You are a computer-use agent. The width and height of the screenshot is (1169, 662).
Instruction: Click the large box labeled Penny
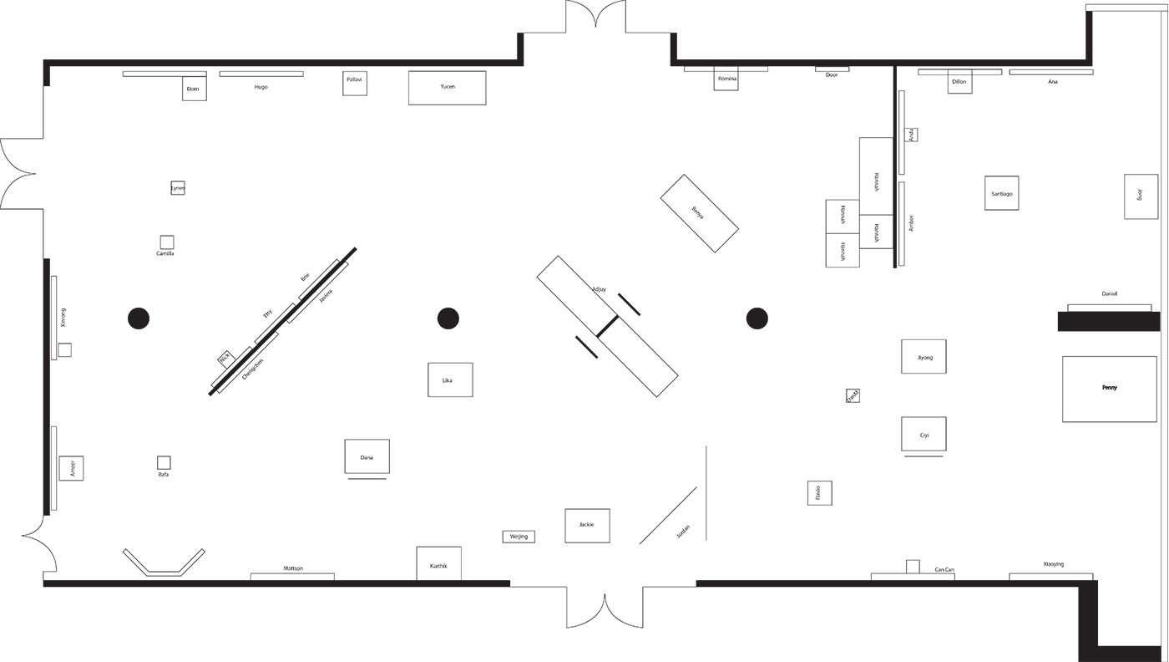point(1109,389)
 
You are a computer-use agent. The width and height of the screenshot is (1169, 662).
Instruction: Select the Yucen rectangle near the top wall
point(447,88)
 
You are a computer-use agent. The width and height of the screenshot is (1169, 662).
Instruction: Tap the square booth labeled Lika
point(450,379)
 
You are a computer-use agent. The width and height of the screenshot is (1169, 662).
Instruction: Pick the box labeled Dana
point(367,456)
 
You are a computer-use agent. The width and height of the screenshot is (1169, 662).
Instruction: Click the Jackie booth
point(587,526)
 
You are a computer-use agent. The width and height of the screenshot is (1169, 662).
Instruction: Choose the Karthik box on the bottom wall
point(438,564)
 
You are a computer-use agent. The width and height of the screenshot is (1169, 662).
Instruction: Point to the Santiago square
point(1001,193)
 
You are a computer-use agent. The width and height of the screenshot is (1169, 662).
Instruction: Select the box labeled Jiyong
point(924,357)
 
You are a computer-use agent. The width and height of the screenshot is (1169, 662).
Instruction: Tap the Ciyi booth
point(924,434)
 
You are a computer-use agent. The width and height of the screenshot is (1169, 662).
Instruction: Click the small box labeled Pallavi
point(355,83)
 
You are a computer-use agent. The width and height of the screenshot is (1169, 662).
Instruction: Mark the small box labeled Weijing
point(519,537)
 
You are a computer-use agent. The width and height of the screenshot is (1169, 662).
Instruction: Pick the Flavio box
point(819,493)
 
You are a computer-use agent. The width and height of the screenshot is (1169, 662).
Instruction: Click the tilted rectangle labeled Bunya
point(699,213)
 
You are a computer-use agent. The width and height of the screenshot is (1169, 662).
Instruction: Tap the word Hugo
point(261,87)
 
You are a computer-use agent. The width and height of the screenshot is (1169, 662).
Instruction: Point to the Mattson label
point(293,568)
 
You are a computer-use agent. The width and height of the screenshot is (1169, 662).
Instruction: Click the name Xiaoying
point(1054,564)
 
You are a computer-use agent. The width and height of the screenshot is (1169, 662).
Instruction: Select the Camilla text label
point(165,253)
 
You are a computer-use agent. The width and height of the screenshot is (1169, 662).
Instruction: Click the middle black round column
point(448,318)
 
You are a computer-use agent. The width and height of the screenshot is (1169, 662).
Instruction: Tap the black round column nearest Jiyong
point(757,318)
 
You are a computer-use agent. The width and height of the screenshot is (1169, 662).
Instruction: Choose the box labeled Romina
point(726,80)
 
